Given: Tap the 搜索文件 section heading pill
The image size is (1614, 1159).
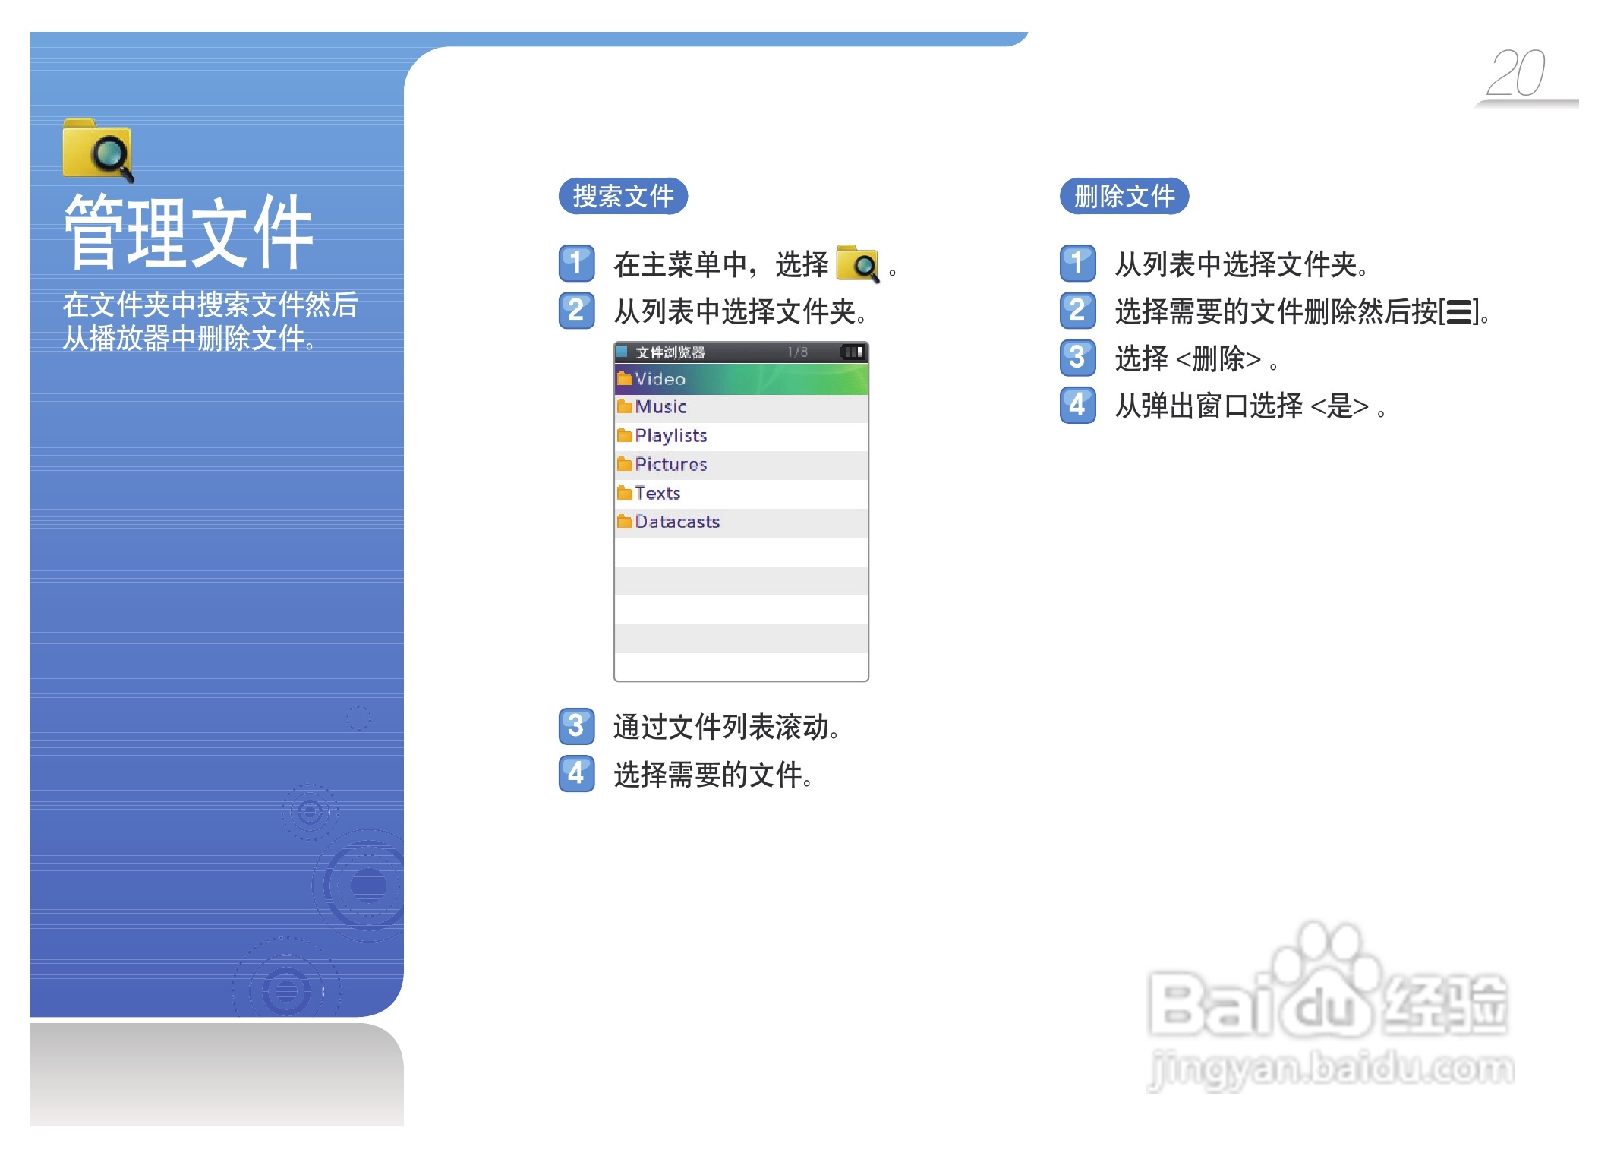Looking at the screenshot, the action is pyautogui.click(x=623, y=196).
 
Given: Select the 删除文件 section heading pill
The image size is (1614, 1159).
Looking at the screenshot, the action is pyautogui.click(x=1124, y=196).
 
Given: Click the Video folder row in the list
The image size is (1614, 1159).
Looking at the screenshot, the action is pyautogui.click(x=741, y=378).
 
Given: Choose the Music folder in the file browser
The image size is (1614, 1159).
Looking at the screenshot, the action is pyautogui.click(x=741, y=407).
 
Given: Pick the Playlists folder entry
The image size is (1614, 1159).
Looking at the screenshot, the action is pyautogui.click(x=741, y=436).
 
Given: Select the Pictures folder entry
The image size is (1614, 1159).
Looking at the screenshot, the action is pyautogui.click(x=741, y=465).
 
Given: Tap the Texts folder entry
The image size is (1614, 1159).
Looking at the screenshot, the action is pyautogui.click(x=741, y=494).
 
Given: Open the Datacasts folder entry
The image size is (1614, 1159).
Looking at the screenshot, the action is pyautogui.click(x=741, y=523).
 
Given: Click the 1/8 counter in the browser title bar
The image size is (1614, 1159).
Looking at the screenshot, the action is pyautogui.click(x=797, y=352).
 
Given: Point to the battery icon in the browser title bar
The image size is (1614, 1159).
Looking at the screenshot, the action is pyautogui.click(x=853, y=352).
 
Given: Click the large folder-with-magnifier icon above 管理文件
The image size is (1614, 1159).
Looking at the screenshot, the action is pyautogui.click(x=98, y=150).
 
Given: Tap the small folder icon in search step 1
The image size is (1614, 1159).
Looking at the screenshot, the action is pyautogui.click(x=858, y=264).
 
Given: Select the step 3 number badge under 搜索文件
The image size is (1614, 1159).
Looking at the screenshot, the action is pyautogui.click(x=576, y=726).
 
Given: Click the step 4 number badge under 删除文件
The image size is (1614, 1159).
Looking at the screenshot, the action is pyautogui.click(x=1077, y=405).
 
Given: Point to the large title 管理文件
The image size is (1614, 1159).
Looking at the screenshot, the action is pyautogui.click(x=188, y=232).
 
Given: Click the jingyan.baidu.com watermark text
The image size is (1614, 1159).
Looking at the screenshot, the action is pyautogui.click(x=1332, y=1069).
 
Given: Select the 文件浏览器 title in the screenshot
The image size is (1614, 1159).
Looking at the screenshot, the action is pyautogui.click(x=670, y=352).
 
